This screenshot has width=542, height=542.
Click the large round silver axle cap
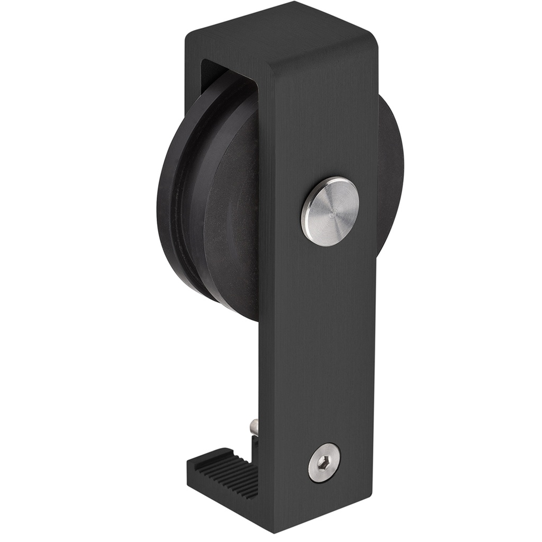coord(330,211)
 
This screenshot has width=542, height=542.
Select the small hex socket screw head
coord(324,463)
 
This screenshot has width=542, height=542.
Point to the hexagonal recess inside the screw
coord(323,464)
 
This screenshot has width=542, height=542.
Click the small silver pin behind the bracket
coord(255,426)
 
